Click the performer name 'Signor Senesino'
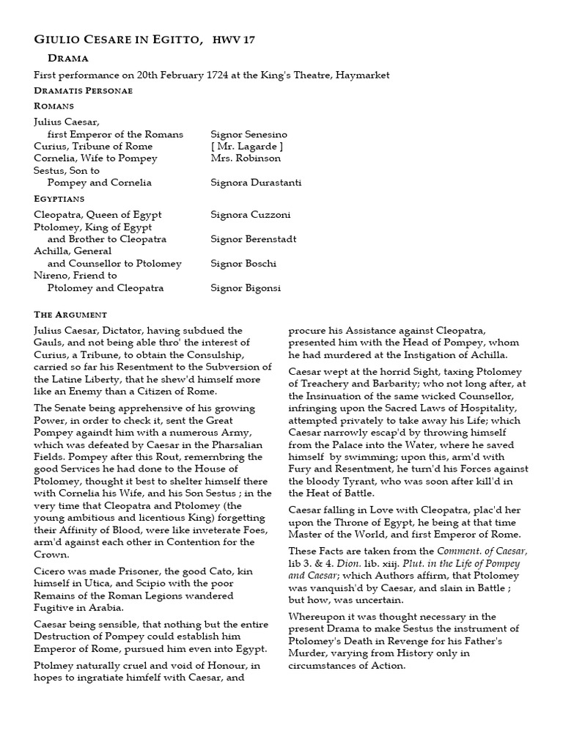tap(249, 134)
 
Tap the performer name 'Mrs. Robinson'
tap(245, 158)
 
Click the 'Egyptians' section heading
tap(59, 198)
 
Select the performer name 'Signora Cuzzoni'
tap(250, 215)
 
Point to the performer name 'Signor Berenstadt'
tap(253, 239)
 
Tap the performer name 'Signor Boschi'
tap(243, 263)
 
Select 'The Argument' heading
tap(70, 314)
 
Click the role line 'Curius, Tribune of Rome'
tap(93, 146)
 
